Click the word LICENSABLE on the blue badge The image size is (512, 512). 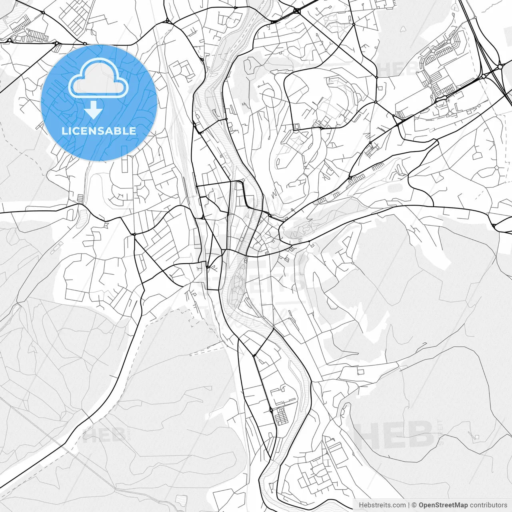point(99,131)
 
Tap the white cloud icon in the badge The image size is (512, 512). point(98,78)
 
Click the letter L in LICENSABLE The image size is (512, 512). point(64,131)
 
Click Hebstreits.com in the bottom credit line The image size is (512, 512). point(382,505)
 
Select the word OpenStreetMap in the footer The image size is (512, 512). point(443,505)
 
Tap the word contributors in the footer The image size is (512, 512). point(488,505)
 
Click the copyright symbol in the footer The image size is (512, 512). point(414,505)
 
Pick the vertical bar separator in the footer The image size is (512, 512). point(408,505)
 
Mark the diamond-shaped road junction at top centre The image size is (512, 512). point(296,11)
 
